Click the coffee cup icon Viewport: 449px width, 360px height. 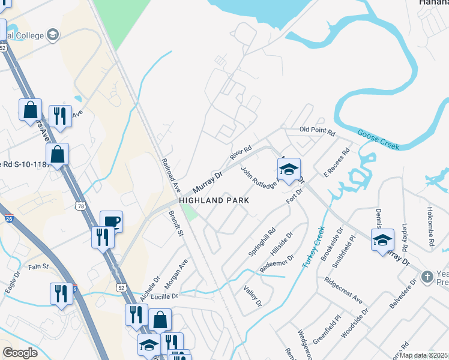pos(111,221)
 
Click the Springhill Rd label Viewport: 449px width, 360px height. pos(262,241)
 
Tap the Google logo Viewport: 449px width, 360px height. pos(20,352)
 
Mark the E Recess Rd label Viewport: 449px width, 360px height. pos(336,163)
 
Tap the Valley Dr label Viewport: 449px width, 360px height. pos(253,295)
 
